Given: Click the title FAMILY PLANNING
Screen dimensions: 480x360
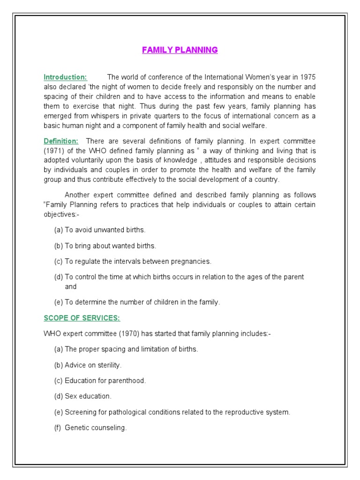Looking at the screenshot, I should point(180,50).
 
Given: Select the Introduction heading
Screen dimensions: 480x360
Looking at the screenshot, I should point(65,77).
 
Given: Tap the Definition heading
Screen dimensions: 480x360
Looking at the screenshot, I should point(61,141).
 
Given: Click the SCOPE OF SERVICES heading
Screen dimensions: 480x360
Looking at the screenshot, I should point(82,318).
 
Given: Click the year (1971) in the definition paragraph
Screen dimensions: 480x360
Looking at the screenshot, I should point(54,150).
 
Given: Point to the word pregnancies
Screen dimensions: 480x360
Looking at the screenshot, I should point(190,261).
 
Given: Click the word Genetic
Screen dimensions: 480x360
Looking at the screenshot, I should point(76,427).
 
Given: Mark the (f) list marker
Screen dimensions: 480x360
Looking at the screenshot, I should point(58,427).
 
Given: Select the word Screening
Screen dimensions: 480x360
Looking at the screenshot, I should point(80,412).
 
